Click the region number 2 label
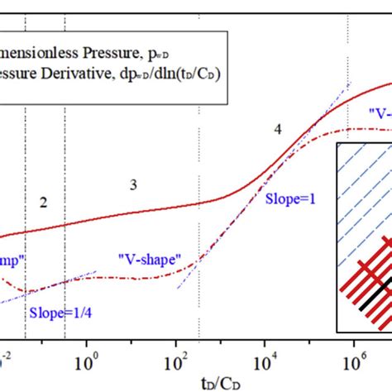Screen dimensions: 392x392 44,202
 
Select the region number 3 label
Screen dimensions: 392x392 132,184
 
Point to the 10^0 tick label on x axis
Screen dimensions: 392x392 86,363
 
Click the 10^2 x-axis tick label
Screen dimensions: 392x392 175,363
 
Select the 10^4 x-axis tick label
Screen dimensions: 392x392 265,363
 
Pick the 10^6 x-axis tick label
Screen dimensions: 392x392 354,363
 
